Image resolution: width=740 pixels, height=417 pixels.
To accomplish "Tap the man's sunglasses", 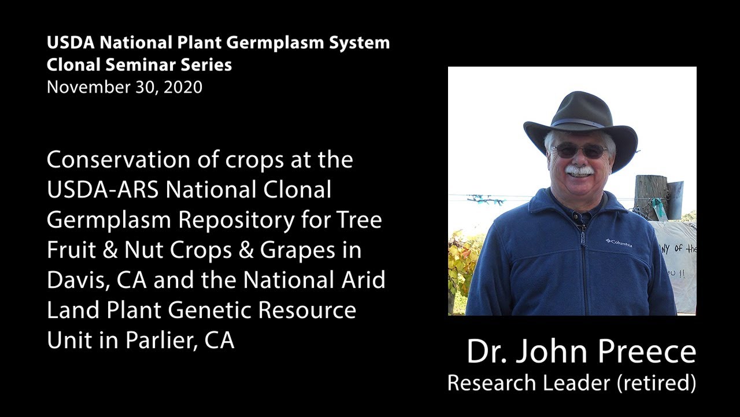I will click(579, 151).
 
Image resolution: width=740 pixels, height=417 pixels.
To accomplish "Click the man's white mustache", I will click(579, 171).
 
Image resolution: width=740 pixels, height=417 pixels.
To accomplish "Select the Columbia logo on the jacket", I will click(619, 243).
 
